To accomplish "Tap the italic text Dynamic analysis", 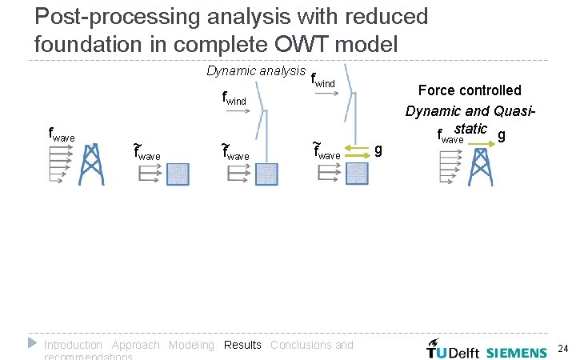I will click(x=256, y=71).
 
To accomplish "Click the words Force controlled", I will click(x=470, y=90).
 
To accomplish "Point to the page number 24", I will click(x=562, y=348).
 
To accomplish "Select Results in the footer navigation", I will click(x=242, y=345).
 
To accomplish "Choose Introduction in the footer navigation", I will click(x=73, y=345).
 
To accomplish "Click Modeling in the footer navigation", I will click(x=191, y=345).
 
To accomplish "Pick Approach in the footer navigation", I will click(x=135, y=345).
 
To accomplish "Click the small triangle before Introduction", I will click(x=32, y=343).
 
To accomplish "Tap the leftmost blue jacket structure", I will click(x=93, y=165).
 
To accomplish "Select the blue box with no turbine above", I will click(x=178, y=174).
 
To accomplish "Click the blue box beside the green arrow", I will click(x=357, y=174).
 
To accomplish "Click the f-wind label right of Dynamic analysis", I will click(x=322, y=81).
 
